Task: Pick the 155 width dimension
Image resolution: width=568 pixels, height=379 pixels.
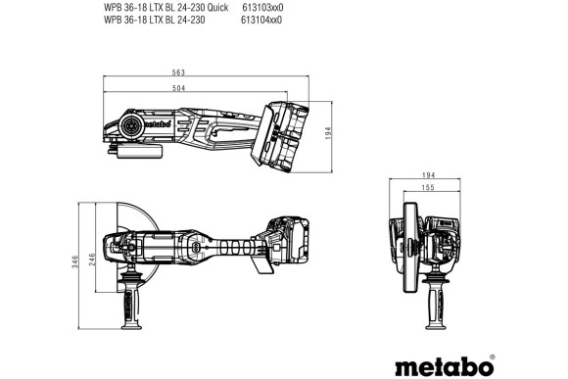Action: click(429, 187)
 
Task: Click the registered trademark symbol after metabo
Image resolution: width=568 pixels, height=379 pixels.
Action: click(492, 330)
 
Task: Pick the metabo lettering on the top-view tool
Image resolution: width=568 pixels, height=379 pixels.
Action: click(139, 124)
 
